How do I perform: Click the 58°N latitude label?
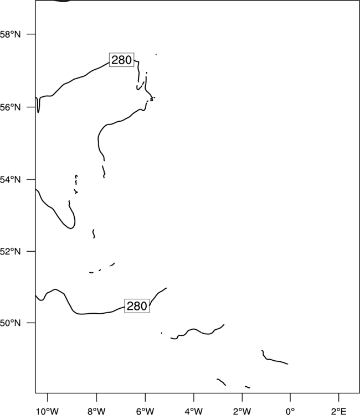(x=10, y=34)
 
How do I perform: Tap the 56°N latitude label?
(x=10, y=107)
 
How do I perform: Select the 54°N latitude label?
(x=10, y=179)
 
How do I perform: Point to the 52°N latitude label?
(x=10, y=251)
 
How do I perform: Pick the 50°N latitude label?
(x=10, y=323)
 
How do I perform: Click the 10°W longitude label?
(x=48, y=411)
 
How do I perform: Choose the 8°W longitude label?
(x=96, y=411)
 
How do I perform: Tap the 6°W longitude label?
(x=145, y=411)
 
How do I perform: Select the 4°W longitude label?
(x=194, y=411)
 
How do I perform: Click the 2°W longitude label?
(x=242, y=411)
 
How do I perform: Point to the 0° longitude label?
(x=290, y=411)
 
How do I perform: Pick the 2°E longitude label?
(x=339, y=411)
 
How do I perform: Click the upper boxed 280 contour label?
(x=122, y=60)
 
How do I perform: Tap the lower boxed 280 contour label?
(x=137, y=306)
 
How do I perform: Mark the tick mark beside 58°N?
(x=31, y=34)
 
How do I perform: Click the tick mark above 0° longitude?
(x=290, y=397)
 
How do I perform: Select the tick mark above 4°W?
(x=194, y=397)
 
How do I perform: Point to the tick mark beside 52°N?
(x=31, y=251)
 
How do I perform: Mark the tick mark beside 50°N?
(x=31, y=323)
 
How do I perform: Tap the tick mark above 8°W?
(x=96, y=397)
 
